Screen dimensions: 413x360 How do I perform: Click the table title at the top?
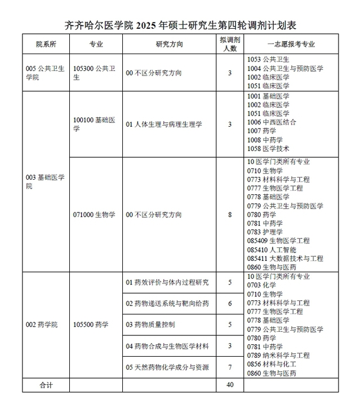180,25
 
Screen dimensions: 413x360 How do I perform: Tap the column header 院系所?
45,44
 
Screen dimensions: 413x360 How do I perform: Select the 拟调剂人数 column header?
229,44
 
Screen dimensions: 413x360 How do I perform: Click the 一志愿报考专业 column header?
291,44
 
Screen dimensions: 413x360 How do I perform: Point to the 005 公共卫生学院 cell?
45,73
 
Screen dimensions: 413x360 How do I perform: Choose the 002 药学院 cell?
42,325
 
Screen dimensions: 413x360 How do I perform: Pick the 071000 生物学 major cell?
94,215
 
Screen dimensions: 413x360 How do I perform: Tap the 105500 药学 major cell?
91,325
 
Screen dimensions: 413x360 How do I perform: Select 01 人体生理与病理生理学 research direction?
163,124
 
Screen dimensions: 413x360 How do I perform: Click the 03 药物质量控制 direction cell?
150,325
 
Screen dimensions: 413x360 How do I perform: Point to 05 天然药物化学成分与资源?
167,367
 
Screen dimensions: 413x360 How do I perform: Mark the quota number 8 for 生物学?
229,215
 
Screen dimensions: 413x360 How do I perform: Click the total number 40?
229,385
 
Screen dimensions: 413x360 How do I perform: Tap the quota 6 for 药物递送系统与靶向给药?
229,304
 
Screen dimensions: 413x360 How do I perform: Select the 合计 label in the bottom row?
45,385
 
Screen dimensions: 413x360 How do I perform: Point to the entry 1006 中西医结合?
272,122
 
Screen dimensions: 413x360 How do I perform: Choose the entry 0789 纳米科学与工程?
278,356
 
